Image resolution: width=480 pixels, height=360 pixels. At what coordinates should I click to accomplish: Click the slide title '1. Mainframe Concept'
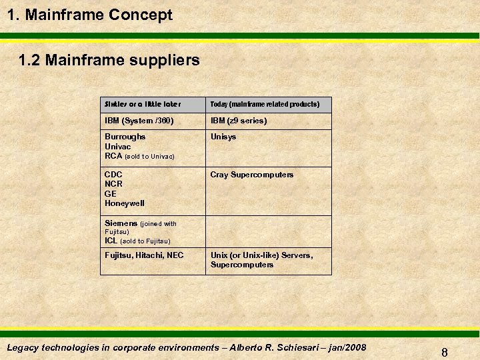point(90,15)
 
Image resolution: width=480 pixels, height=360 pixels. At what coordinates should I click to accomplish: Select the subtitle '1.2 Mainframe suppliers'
point(109,61)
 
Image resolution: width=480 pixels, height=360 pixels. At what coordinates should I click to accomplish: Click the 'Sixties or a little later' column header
point(143,105)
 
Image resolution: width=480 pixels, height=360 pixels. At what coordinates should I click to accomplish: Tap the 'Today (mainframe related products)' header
point(265,105)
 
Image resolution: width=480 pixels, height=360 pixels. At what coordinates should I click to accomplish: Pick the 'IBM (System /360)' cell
point(139,121)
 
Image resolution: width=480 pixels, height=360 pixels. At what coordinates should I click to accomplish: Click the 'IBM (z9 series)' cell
point(239,121)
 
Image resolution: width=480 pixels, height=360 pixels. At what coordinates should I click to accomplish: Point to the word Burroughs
point(125,137)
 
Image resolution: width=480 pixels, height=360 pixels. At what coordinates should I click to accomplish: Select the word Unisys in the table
point(223,137)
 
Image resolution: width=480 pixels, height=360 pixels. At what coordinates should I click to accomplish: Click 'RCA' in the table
point(113,155)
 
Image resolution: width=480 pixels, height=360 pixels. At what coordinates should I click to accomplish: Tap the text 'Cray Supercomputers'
point(251,175)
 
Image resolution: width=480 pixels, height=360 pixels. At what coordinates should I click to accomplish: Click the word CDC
point(113,175)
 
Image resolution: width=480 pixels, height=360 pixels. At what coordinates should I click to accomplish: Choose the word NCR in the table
point(113,184)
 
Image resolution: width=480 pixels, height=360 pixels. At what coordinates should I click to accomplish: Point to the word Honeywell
point(125,203)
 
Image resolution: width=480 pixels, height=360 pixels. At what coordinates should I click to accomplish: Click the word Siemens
point(121,223)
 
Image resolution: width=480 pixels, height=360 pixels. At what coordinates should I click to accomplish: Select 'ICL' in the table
point(111,241)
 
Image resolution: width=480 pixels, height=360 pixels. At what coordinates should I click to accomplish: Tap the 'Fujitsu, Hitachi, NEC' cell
point(144,255)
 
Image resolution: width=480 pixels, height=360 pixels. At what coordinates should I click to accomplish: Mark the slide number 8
point(444,353)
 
